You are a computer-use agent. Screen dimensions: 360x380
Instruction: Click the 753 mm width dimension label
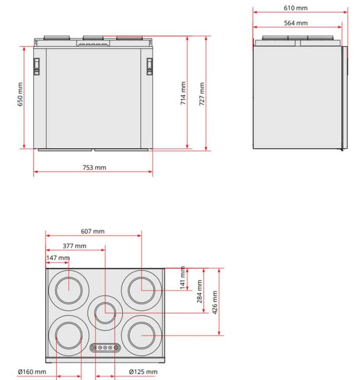pos(94,167)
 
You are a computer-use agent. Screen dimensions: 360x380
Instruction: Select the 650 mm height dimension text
pos(20,94)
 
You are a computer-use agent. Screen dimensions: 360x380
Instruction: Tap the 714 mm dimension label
pos(183,93)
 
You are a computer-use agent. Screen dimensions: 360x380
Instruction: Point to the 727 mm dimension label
pos(202,94)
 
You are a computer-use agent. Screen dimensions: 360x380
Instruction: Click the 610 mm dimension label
pos(295,8)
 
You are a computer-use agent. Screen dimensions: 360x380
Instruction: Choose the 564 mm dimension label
pos(296,23)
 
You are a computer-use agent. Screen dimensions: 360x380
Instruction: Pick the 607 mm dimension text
pos(93,231)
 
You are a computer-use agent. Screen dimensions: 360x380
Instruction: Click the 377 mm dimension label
pos(74,246)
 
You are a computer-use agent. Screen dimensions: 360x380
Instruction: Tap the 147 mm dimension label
pos(58,258)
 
